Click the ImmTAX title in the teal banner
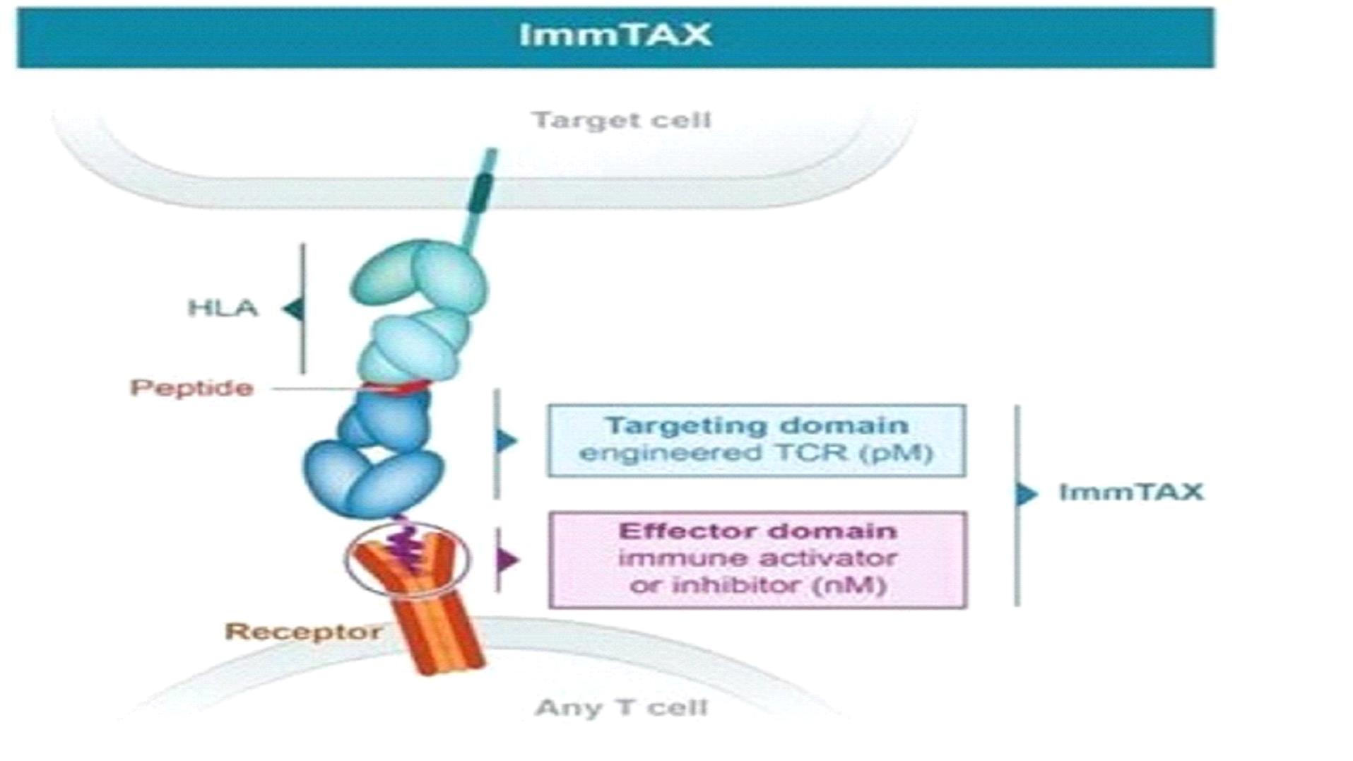pyautogui.click(x=615, y=35)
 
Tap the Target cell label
pyautogui.click(x=621, y=120)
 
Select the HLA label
pyautogui.click(x=223, y=308)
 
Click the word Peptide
pyautogui.click(x=191, y=388)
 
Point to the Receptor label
pyautogui.click(x=303, y=631)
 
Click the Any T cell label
pyautogui.click(x=621, y=707)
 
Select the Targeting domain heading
pyautogui.click(x=757, y=425)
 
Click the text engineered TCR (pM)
pyautogui.click(x=757, y=453)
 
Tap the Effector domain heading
pyautogui.click(x=757, y=531)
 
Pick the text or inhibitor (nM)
pyautogui.click(x=757, y=585)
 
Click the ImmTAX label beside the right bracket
pyautogui.click(x=1131, y=492)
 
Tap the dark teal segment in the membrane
pyautogui.click(x=482, y=191)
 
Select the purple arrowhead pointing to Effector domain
pyautogui.click(x=507, y=560)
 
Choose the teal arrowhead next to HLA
pyautogui.click(x=293, y=309)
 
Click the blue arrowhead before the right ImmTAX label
pyautogui.click(x=1027, y=493)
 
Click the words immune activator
pyautogui.click(x=757, y=558)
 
